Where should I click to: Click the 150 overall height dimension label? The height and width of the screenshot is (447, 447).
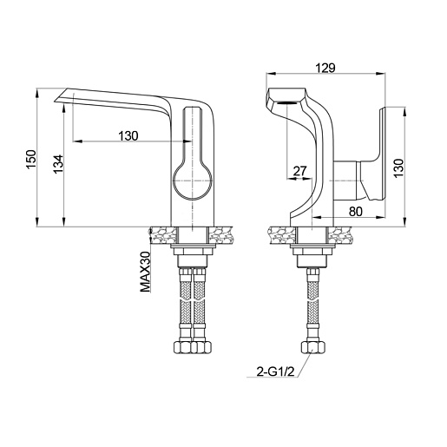coord(31,160)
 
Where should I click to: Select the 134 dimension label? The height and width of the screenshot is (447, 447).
coord(58,164)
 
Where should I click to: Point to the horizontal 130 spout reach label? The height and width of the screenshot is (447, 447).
coord(128,135)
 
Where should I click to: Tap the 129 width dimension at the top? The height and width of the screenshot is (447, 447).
coord(325,68)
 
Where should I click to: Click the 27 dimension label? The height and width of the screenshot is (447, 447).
coord(299,171)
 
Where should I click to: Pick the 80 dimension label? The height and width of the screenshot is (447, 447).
coord(356,212)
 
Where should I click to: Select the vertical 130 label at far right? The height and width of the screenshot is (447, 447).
coord(398,168)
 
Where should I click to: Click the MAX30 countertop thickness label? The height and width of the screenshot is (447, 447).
coord(146,272)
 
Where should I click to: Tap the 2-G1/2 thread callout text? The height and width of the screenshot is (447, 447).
coord(275,371)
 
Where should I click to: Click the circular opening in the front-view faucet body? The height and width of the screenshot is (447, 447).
coord(193,180)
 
